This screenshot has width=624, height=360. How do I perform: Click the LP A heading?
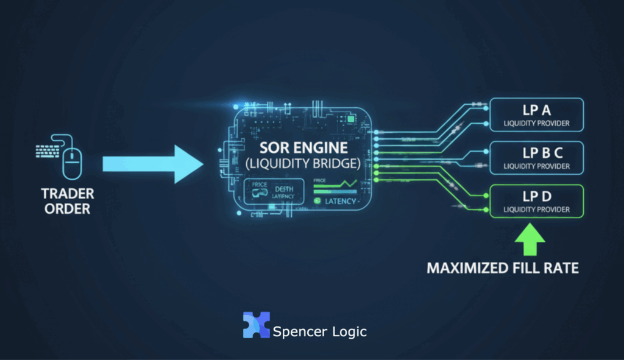(x=537, y=110)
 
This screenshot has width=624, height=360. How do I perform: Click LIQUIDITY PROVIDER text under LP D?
(x=537, y=210)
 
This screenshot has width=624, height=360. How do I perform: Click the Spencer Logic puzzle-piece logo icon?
(x=256, y=325)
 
